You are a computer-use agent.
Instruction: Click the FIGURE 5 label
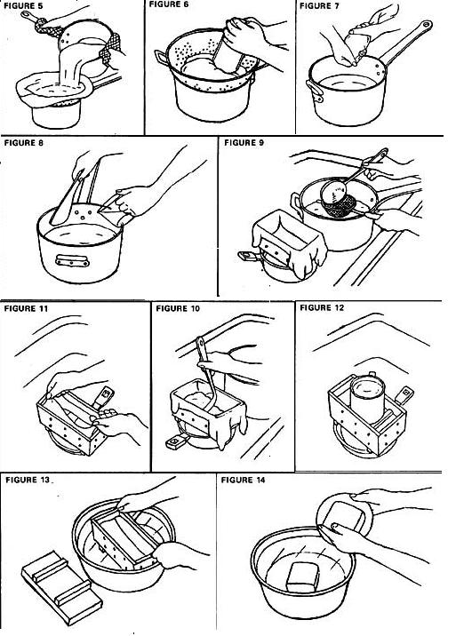(x=23, y=6)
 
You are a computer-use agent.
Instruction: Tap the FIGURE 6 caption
(x=169, y=4)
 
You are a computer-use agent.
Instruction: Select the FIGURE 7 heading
(x=319, y=6)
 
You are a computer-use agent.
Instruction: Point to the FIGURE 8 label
(x=23, y=143)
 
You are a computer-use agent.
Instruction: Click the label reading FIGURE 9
(x=244, y=142)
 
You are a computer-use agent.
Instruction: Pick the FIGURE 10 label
(x=178, y=308)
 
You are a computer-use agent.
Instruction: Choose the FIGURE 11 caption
(x=26, y=308)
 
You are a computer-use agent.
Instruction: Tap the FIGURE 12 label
(x=322, y=308)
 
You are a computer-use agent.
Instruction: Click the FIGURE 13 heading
(x=28, y=480)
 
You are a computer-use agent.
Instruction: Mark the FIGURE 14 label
(x=243, y=480)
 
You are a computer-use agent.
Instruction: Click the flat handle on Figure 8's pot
(x=72, y=260)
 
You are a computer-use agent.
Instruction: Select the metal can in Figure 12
(x=367, y=400)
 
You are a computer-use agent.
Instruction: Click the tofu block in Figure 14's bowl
(x=303, y=576)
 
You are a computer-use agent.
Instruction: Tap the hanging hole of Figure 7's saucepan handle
(x=426, y=24)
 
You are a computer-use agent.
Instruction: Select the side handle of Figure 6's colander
(x=161, y=58)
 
